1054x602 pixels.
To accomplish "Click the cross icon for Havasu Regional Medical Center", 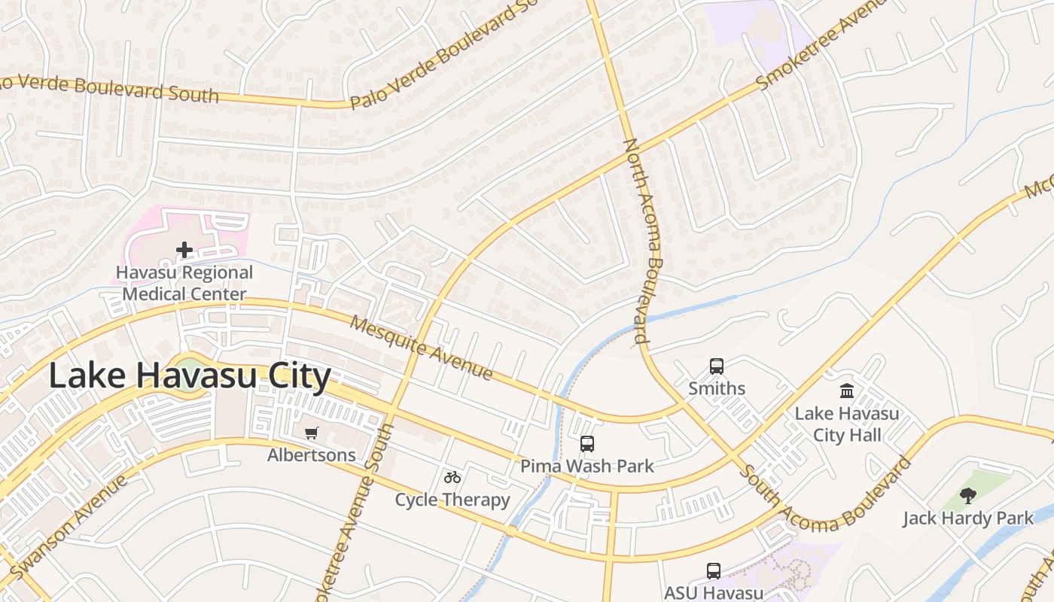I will tap(184, 250).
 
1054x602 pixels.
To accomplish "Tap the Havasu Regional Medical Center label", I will tap(184, 283).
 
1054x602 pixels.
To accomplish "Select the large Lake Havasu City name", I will tap(190, 376).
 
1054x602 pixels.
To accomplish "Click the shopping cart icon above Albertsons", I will tap(312, 433).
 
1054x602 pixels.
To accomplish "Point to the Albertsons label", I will tap(312, 455).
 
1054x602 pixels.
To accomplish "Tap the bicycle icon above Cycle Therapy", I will tap(452, 477).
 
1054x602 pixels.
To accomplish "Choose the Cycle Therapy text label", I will tap(452, 500).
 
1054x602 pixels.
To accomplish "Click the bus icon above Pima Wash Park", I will tap(587, 444).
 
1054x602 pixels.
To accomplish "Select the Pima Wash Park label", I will tap(587, 467).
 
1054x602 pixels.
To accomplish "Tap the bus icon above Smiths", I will tap(717, 366).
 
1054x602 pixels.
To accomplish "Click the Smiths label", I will tap(717, 388).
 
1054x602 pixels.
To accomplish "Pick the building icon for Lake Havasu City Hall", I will tap(847, 391).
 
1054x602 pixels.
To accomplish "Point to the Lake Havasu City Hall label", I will tap(847, 424).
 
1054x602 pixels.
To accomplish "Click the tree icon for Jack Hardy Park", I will tap(968, 495).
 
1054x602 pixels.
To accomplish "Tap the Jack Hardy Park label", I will tap(968, 518).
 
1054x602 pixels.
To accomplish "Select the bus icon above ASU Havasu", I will tap(713, 571).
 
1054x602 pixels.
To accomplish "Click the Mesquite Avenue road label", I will tap(422, 348).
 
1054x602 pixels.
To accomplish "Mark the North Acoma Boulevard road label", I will tap(642, 241).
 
